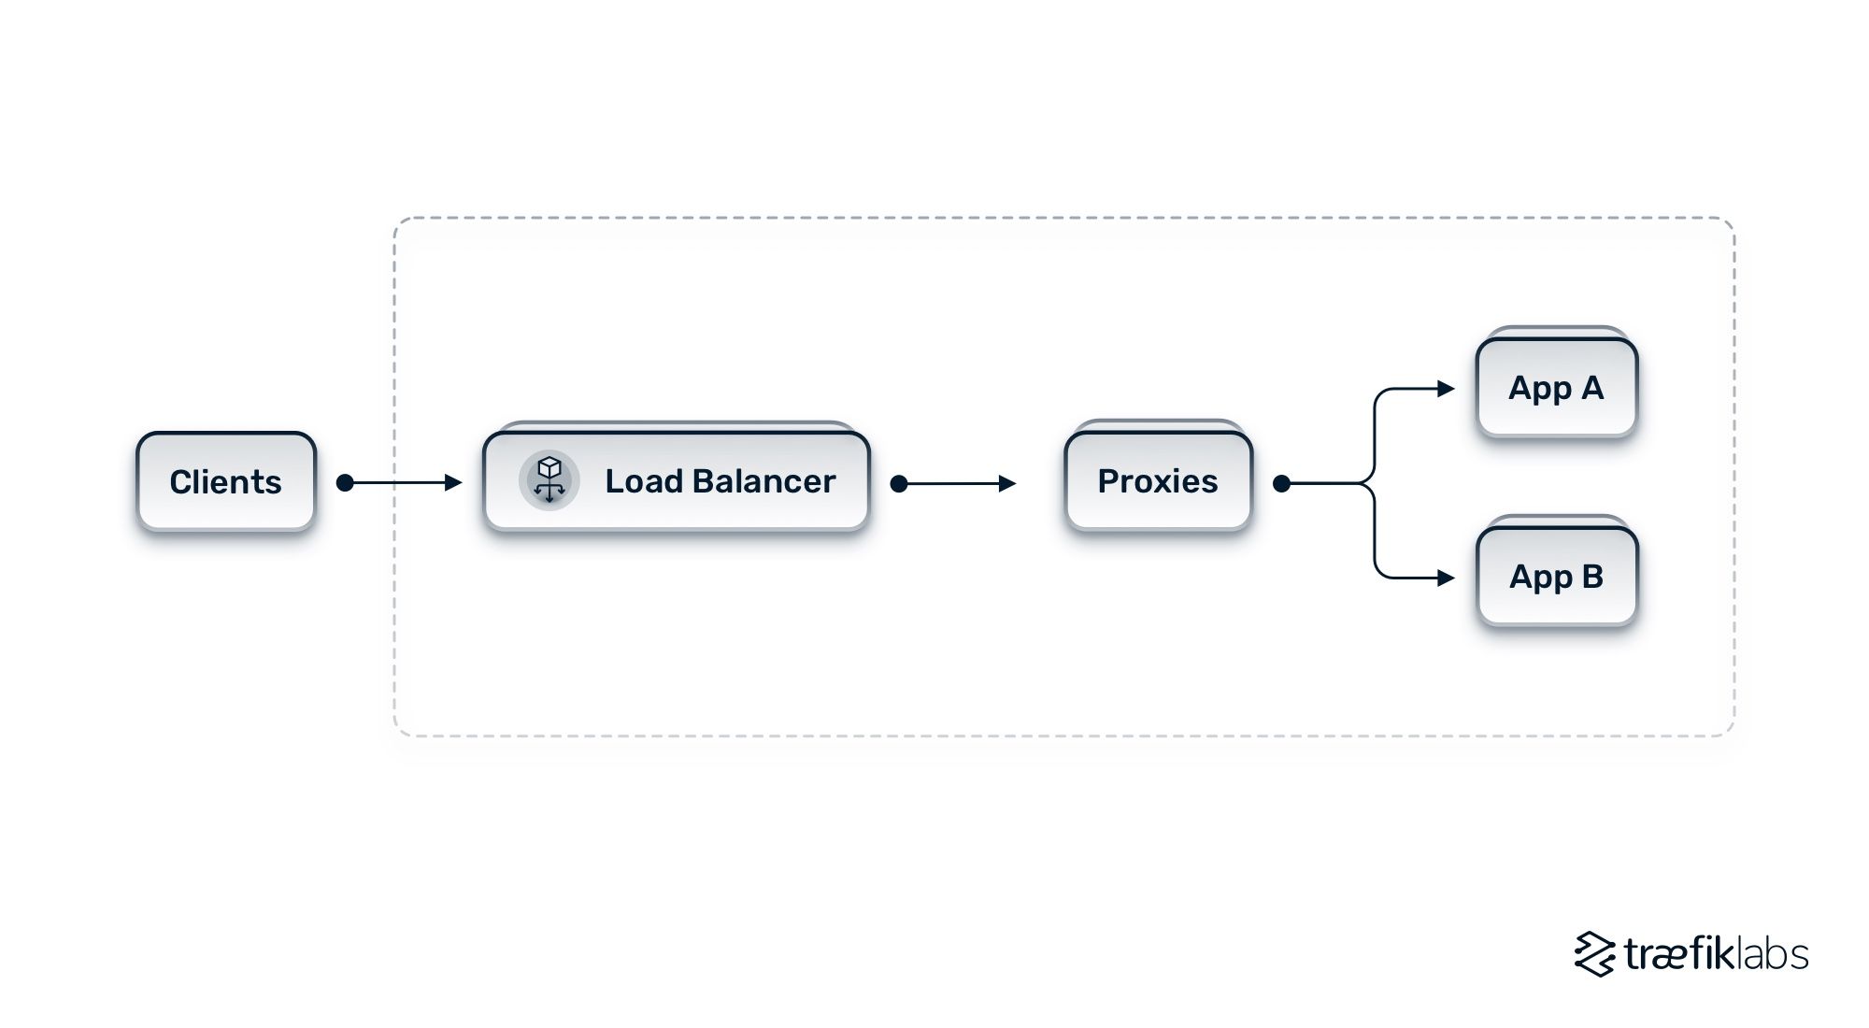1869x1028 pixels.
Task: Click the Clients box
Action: (x=226, y=482)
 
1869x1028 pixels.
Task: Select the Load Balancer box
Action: (x=677, y=481)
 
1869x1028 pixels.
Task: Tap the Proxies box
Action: (x=1158, y=481)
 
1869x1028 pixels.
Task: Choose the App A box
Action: (x=1557, y=388)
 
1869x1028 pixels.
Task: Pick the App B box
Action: (x=1557, y=577)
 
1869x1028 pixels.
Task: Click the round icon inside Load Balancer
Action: (x=549, y=480)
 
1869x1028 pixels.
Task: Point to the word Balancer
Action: (x=764, y=481)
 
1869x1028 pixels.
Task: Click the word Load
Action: (x=644, y=481)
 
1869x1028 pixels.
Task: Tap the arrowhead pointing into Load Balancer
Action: (x=454, y=482)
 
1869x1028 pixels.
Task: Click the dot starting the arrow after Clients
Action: (x=345, y=482)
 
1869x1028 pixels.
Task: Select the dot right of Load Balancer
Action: (x=899, y=483)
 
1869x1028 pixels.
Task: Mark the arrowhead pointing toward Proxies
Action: (x=1007, y=483)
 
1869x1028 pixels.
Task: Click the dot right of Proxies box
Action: (x=1282, y=483)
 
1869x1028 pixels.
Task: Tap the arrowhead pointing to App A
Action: (x=1447, y=388)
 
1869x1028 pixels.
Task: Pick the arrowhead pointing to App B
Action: (x=1447, y=578)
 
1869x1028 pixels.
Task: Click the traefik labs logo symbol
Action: (x=1594, y=954)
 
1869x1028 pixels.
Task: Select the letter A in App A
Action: (x=1592, y=387)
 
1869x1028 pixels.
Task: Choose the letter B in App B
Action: (x=1592, y=577)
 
